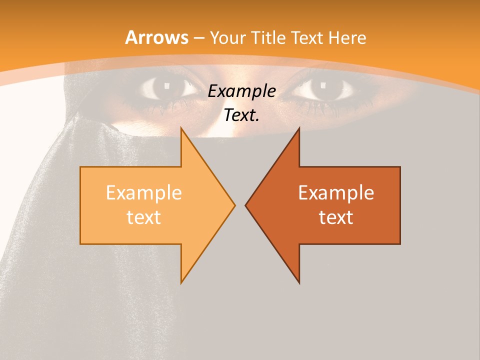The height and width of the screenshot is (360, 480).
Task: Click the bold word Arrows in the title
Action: point(157,37)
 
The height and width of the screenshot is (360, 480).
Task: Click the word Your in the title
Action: point(227,37)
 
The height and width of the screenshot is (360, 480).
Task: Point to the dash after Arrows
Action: point(199,38)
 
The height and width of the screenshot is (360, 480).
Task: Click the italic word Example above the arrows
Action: point(242,91)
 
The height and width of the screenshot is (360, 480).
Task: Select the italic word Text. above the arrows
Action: point(242,115)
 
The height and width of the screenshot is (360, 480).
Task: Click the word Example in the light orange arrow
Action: point(144,193)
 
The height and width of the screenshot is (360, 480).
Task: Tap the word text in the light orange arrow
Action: point(144,217)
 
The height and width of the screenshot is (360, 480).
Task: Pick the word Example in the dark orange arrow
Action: point(336,193)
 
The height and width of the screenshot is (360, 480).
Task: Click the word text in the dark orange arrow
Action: point(336,217)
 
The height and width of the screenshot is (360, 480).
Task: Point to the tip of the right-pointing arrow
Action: point(234,205)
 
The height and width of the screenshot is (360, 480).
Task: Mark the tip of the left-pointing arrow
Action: point(245,205)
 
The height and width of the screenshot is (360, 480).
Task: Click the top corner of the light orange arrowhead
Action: point(181,128)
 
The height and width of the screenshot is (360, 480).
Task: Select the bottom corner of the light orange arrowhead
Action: point(181,282)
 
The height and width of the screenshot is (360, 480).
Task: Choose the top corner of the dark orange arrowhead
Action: point(299,128)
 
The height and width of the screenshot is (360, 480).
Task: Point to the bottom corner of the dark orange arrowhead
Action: point(299,282)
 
